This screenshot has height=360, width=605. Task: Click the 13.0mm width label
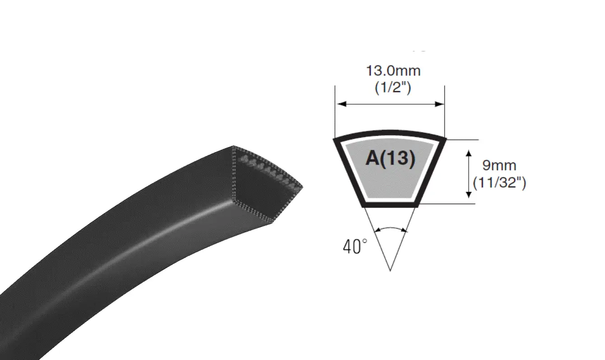coord(393,71)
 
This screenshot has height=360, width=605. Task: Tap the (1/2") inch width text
coord(393,88)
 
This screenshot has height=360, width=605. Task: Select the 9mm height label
coord(499,166)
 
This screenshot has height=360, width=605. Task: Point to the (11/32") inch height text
coord(499,183)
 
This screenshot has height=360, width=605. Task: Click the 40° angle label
coord(355,247)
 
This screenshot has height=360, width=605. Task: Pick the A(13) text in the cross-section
coord(390,158)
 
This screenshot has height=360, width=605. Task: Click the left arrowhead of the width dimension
coord(342,104)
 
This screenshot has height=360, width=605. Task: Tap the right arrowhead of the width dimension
coord(439,104)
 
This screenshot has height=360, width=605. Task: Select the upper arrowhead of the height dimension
coord(469,153)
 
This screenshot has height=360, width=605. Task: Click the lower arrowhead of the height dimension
coord(469,195)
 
